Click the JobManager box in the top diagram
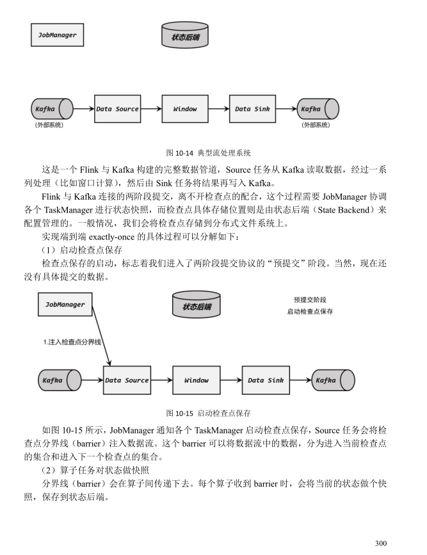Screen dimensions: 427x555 (x=58, y=35)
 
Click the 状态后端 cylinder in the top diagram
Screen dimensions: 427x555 (x=185, y=35)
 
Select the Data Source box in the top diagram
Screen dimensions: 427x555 (x=118, y=109)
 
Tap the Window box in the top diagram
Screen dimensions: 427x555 (x=185, y=109)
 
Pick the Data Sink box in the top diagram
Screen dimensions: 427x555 (x=252, y=109)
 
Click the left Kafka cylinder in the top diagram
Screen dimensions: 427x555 (x=52, y=109)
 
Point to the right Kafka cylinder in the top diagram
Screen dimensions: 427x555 (x=318, y=109)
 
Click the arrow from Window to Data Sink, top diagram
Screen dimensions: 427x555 (x=219, y=109)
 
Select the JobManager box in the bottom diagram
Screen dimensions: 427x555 (x=65, y=305)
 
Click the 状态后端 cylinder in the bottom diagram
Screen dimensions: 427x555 (x=197, y=305)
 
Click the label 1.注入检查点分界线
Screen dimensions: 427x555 (x=72, y=342)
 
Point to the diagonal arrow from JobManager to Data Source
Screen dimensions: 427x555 (x=102, y=335)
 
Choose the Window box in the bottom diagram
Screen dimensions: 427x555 (x=197, y=380)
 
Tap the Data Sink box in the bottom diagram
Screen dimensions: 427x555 (x=266, y=380)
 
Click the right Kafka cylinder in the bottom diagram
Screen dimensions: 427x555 (x=333, y=380)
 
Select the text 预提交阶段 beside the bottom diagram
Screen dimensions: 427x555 (x=310, y=300)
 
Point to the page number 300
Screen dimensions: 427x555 (x=381, y=543)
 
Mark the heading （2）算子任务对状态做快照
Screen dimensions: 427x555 (x=95, y=470)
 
